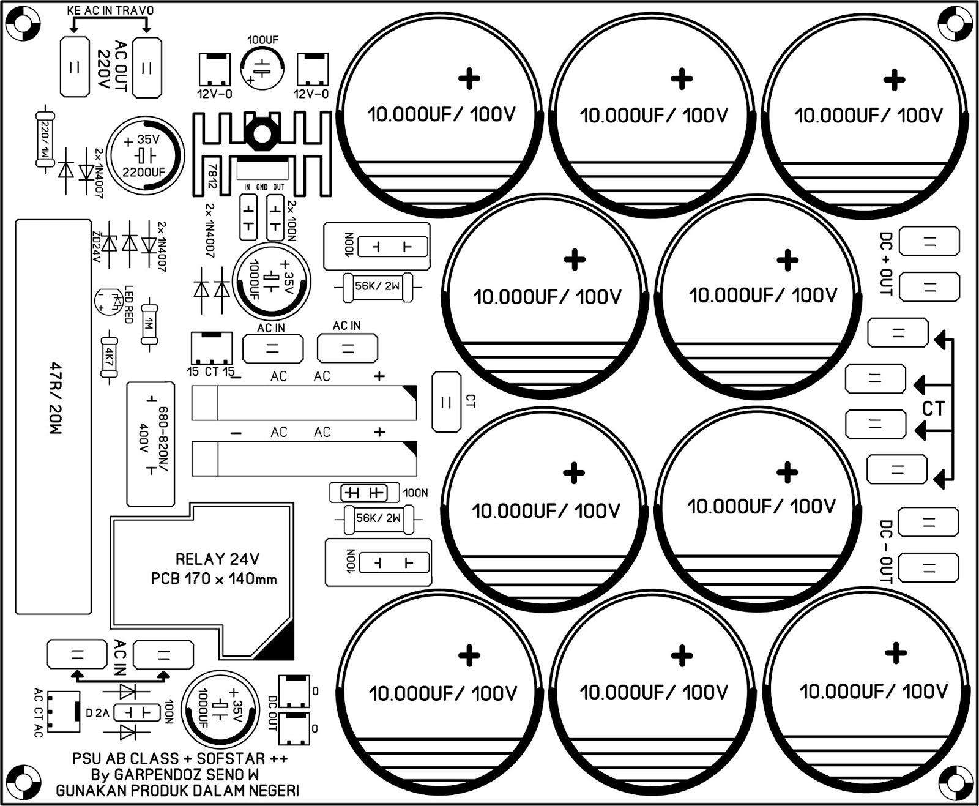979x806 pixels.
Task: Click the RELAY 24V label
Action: [217, 559]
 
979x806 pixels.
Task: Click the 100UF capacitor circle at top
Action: [262, 67]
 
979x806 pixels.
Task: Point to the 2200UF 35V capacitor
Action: [145, 155]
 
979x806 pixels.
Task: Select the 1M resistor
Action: [149, 324]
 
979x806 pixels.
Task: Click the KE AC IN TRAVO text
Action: [110, 10]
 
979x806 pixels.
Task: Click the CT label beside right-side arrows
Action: [933, 408]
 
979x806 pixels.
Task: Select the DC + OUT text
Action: [886, 264]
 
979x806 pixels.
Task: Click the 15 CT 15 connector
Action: [211, 348]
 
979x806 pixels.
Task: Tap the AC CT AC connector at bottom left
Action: [64, 712]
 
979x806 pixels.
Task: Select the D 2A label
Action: [98, 713]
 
